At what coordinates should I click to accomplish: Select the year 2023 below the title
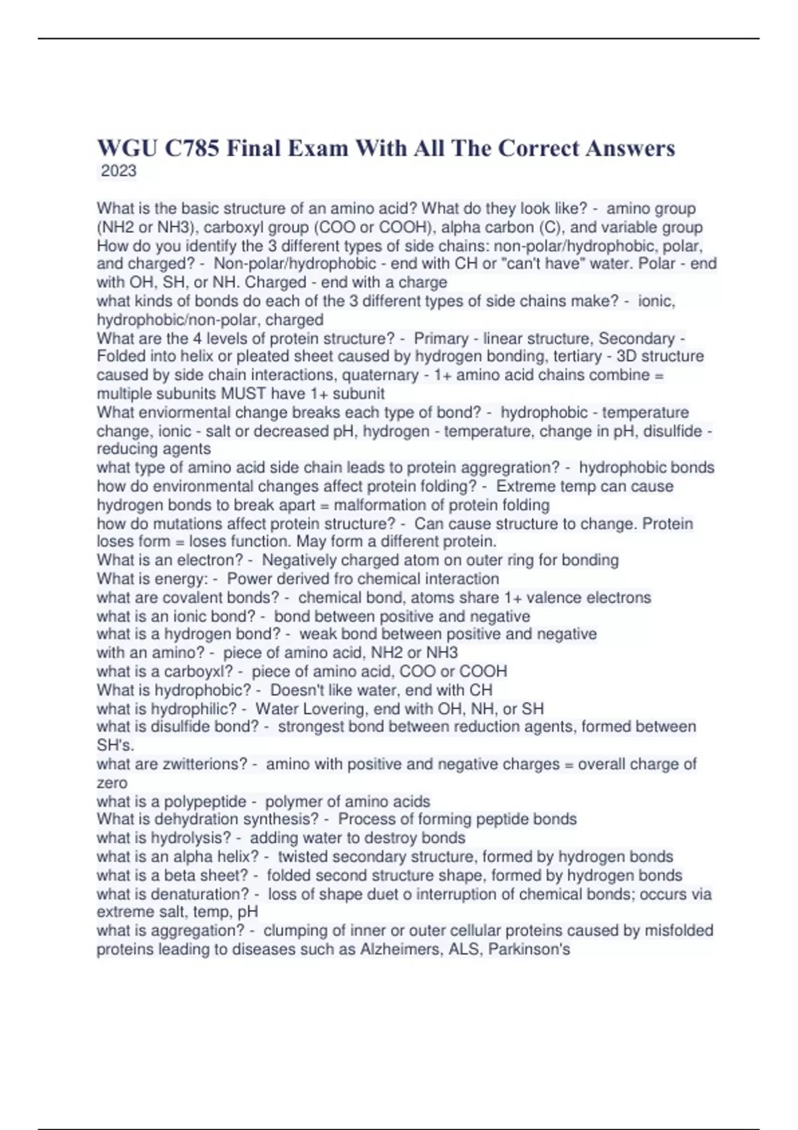[x=118, y=171]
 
